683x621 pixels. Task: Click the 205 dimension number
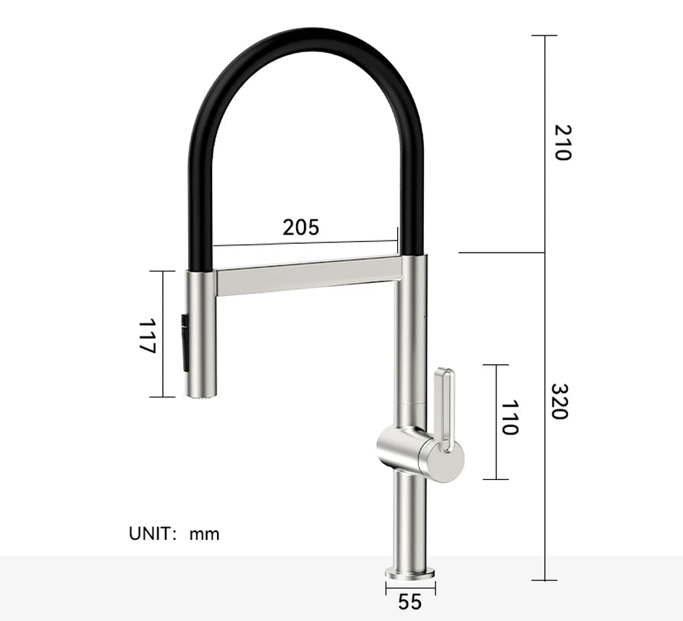pos(300,227)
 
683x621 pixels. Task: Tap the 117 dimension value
pos(147,335)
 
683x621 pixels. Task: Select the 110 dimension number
pos(509,418)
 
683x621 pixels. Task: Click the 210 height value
pos(562,143)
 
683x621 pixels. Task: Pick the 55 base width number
pos(410,601)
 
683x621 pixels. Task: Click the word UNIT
pos(152,534)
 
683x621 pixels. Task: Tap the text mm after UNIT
pos(204,535)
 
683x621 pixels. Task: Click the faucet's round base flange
pos(410,573)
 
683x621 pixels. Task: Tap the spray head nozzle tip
pos(201,394)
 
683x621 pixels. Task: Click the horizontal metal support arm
pos(307,276)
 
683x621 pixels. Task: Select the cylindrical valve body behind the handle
pos(402,449)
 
